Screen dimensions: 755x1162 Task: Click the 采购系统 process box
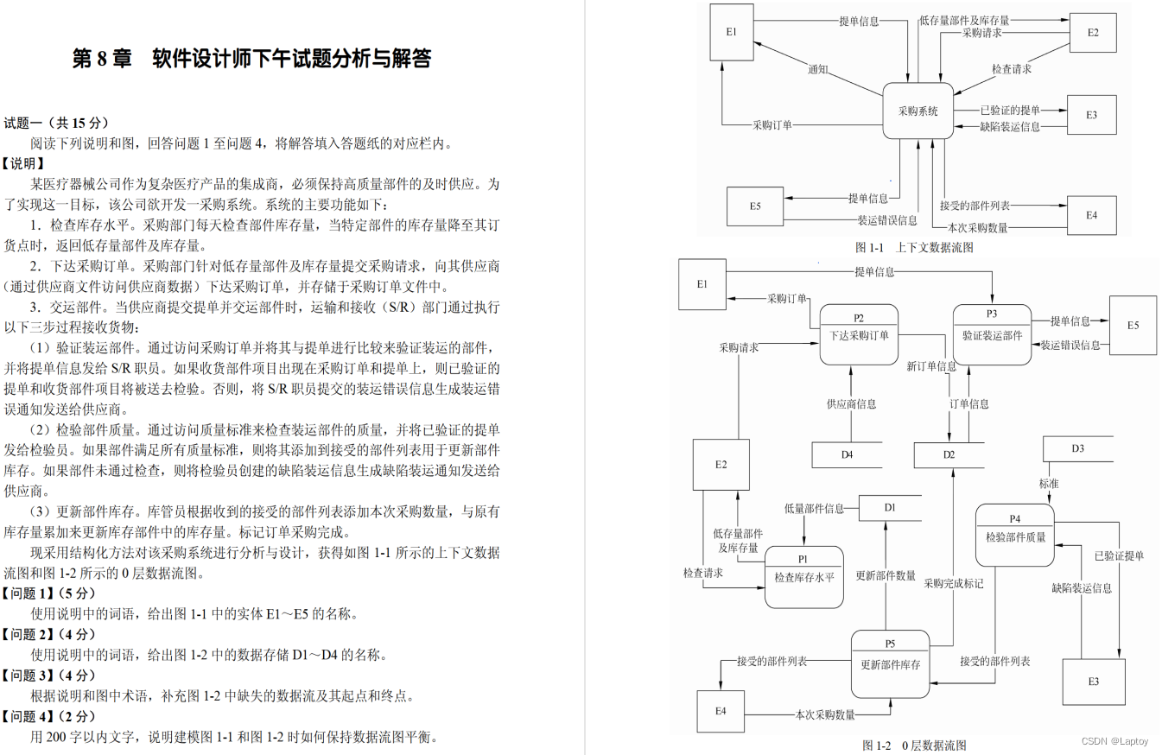(x=918, y=111)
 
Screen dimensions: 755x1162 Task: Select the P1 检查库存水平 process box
(x=803, y=577)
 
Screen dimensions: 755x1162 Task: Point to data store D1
(x=890, y=507)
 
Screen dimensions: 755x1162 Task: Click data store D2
(x=949, y=454)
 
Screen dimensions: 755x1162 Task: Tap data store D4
(x=847, y=454)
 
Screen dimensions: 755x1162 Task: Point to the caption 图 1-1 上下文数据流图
(x=914, y=247)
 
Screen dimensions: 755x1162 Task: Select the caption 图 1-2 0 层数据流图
(x=914, y=745)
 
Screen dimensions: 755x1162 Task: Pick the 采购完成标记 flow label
(x=953, y=583)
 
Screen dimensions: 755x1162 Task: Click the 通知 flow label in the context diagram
(x=818, y=69)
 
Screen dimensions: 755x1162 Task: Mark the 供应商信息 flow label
(x=851, y=403)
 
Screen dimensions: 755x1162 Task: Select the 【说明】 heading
(x=23, y=163)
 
